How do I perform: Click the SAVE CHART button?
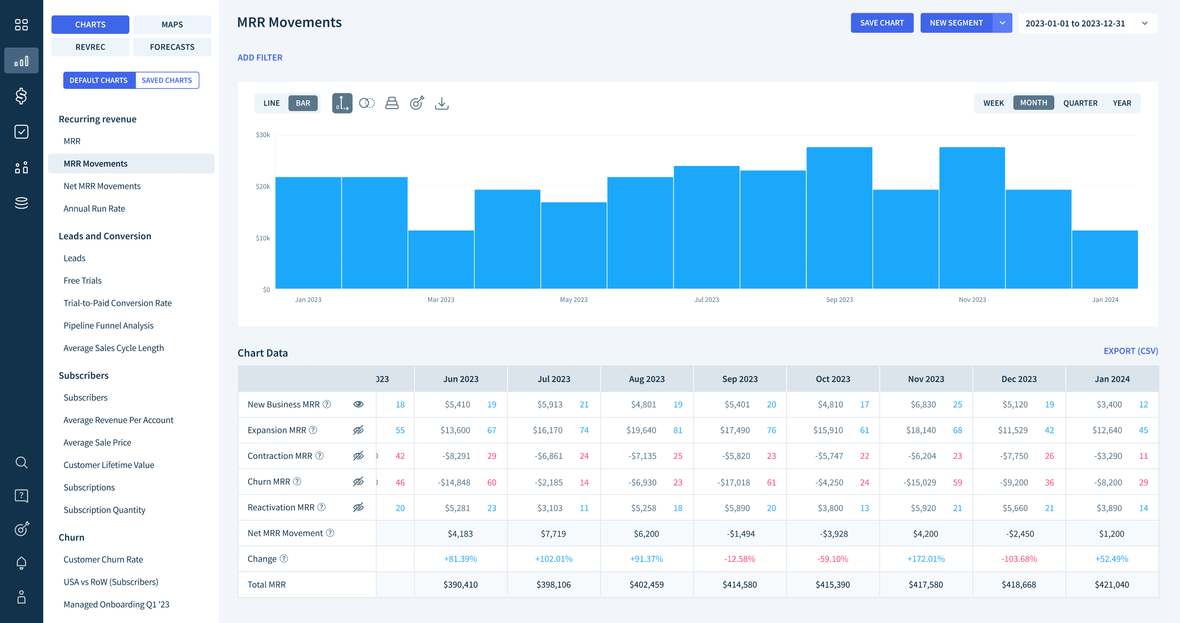[882, 23]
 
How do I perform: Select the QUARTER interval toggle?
[1080, 103]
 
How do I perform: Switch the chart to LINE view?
[271, 103]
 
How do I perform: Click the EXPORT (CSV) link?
[1130, 351]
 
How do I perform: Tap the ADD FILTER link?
[260, 58]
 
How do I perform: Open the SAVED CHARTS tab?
[167, 80]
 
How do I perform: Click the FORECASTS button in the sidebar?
[172, 47]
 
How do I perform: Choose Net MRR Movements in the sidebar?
[102, 186]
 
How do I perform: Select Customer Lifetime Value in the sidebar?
[109, 465]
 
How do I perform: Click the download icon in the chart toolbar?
[441, 103]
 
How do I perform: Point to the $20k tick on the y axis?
[263, 187]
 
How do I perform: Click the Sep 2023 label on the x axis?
[839, 300]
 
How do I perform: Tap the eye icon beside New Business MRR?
[358, 404]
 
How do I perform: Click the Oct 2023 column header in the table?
[832, 379]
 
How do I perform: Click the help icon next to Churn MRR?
[297, 481]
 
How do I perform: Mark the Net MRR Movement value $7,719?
[553, 534]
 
